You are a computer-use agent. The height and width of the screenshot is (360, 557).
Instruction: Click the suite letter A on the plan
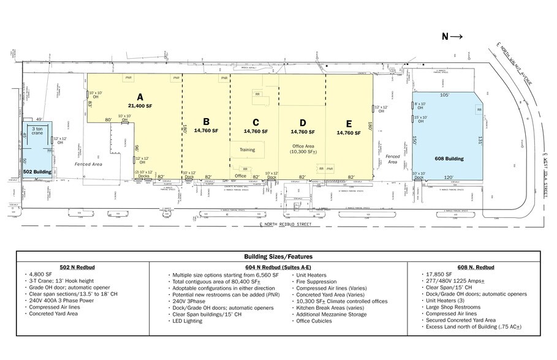pyautogui.click(x=140, y=96)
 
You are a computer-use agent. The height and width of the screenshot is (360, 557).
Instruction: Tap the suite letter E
pyautogui.click(x=349, y=122)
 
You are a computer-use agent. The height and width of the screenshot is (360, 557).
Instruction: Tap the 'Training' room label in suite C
pyautogui.click(x=247, y=149)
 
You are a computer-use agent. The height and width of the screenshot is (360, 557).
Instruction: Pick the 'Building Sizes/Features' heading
pyautogui.click(x=278, y=257)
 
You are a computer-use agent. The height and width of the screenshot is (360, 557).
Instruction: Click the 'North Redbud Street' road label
pyautogui.click(x=286, y=225)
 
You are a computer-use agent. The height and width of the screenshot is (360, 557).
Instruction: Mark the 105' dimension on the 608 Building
pyautogui.click(x=444, y=96)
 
